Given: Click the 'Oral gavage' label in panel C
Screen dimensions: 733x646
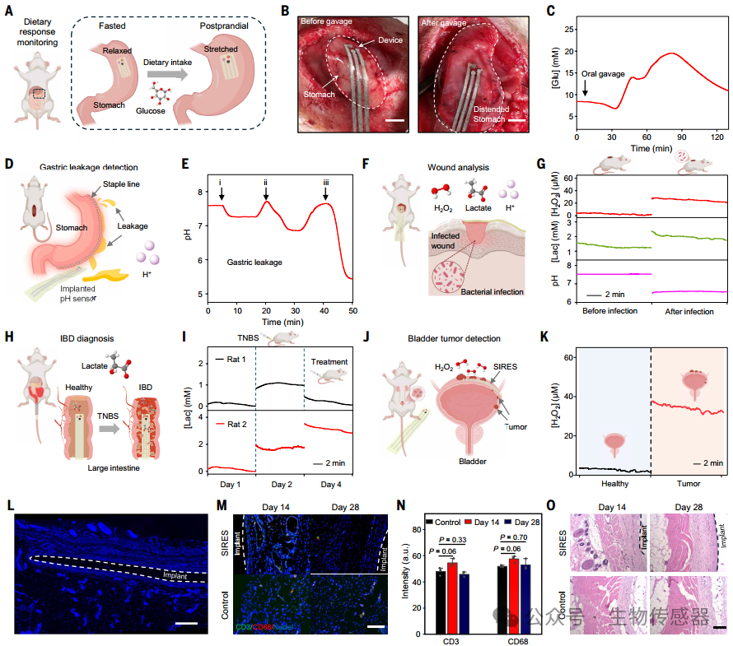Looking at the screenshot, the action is [x=603, y=74].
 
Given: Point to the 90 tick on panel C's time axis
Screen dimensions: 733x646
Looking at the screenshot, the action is [x=682, y=137].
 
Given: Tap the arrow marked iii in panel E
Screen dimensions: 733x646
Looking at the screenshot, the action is [x=325, y=193].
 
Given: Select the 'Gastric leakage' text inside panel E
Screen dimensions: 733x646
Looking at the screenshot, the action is [x=254, y=262].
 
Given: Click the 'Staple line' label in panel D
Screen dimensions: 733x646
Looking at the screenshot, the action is [x=121, y=184].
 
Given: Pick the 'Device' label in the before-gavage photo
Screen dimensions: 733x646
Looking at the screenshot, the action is [x=390, y=40].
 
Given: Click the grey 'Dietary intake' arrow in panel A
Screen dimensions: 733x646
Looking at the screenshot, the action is [x=167, y=74].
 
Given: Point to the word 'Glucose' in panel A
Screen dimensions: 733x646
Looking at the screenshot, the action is [x=151, y=111].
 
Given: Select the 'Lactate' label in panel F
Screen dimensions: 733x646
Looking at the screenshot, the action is [x=478, y=208].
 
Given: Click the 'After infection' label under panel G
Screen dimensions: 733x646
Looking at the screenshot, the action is [x=689, y=312].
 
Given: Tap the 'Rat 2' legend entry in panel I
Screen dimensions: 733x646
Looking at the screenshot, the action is [x=231, y=424].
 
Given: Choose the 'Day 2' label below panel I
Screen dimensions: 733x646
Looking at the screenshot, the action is [x=282, y=485].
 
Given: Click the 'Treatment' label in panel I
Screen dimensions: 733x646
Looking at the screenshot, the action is [x=329, y=361].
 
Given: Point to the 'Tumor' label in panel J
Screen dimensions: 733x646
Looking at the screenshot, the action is [x=516, y=427].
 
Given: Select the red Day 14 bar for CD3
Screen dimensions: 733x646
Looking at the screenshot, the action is [x=452, y=598].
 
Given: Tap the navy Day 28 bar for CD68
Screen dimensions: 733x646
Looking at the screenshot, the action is [x=525, y=599].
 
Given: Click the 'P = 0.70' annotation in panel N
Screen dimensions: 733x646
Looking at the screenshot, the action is [x=513, y=537].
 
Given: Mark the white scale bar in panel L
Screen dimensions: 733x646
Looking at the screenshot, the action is [x=186, y=623].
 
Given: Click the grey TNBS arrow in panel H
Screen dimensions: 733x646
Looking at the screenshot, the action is [x=110, y=428].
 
